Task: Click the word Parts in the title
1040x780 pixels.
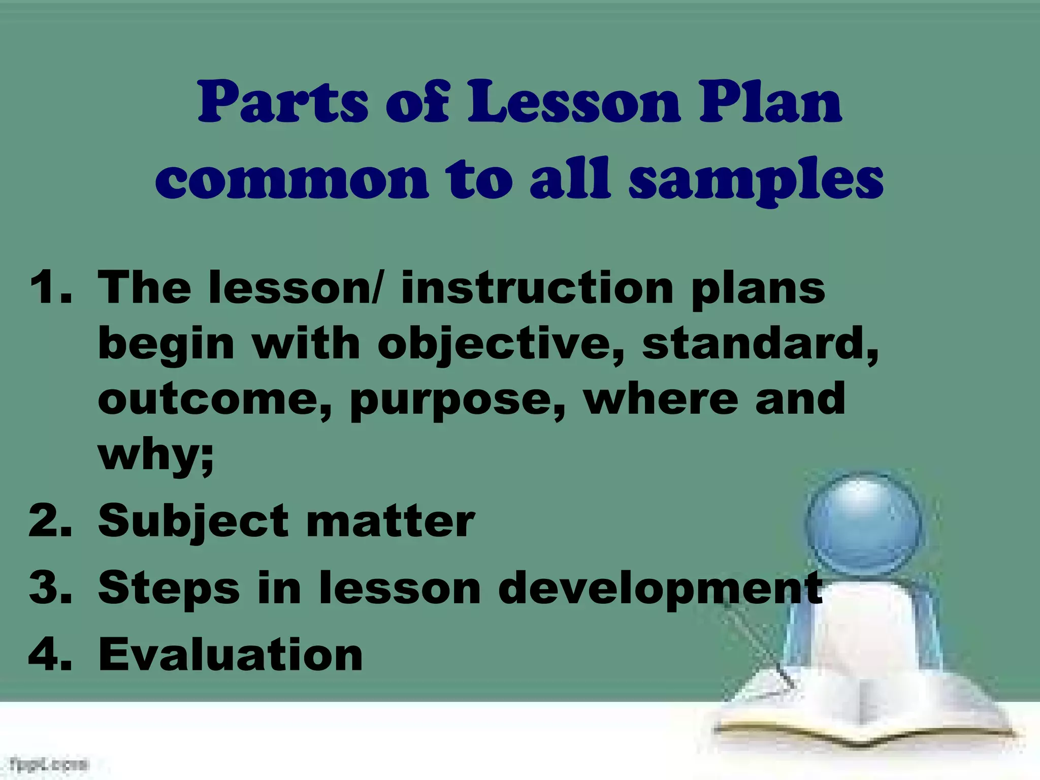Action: [282, 103]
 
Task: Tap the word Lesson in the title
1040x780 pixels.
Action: [573, 103]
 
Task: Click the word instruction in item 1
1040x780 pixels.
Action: [537, 288]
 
